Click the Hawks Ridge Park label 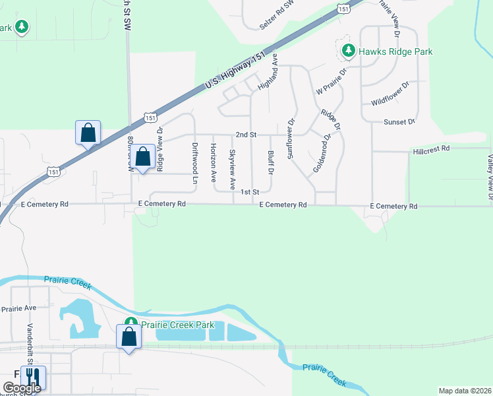(x=395, y=51)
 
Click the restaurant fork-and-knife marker (x=33, y=377)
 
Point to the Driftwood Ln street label (x=195, y=163)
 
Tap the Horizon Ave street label (x=213, y=163)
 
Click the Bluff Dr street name (x=271, y=163)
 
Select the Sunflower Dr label (x=289, y=139)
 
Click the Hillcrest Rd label (x=431, y=150)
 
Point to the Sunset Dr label (x=399, y=122)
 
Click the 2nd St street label (x=246, y=135)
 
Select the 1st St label (x=248, y=192)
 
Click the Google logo (x=22, y=388)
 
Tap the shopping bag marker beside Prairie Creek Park (x=129, y=337)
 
